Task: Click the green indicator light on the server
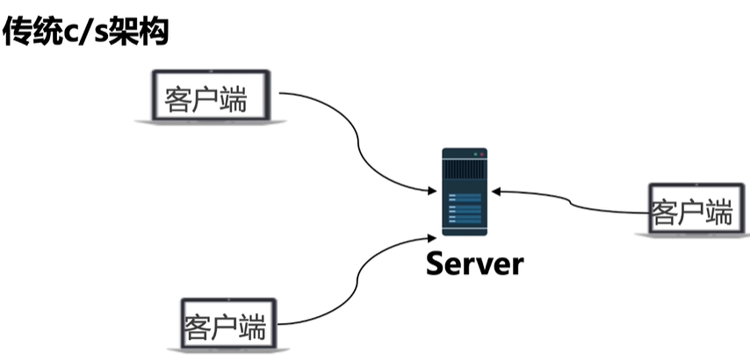point(475,155)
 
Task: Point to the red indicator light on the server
point(481,155)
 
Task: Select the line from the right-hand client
point(571,202)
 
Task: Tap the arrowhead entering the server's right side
point(496,191)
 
